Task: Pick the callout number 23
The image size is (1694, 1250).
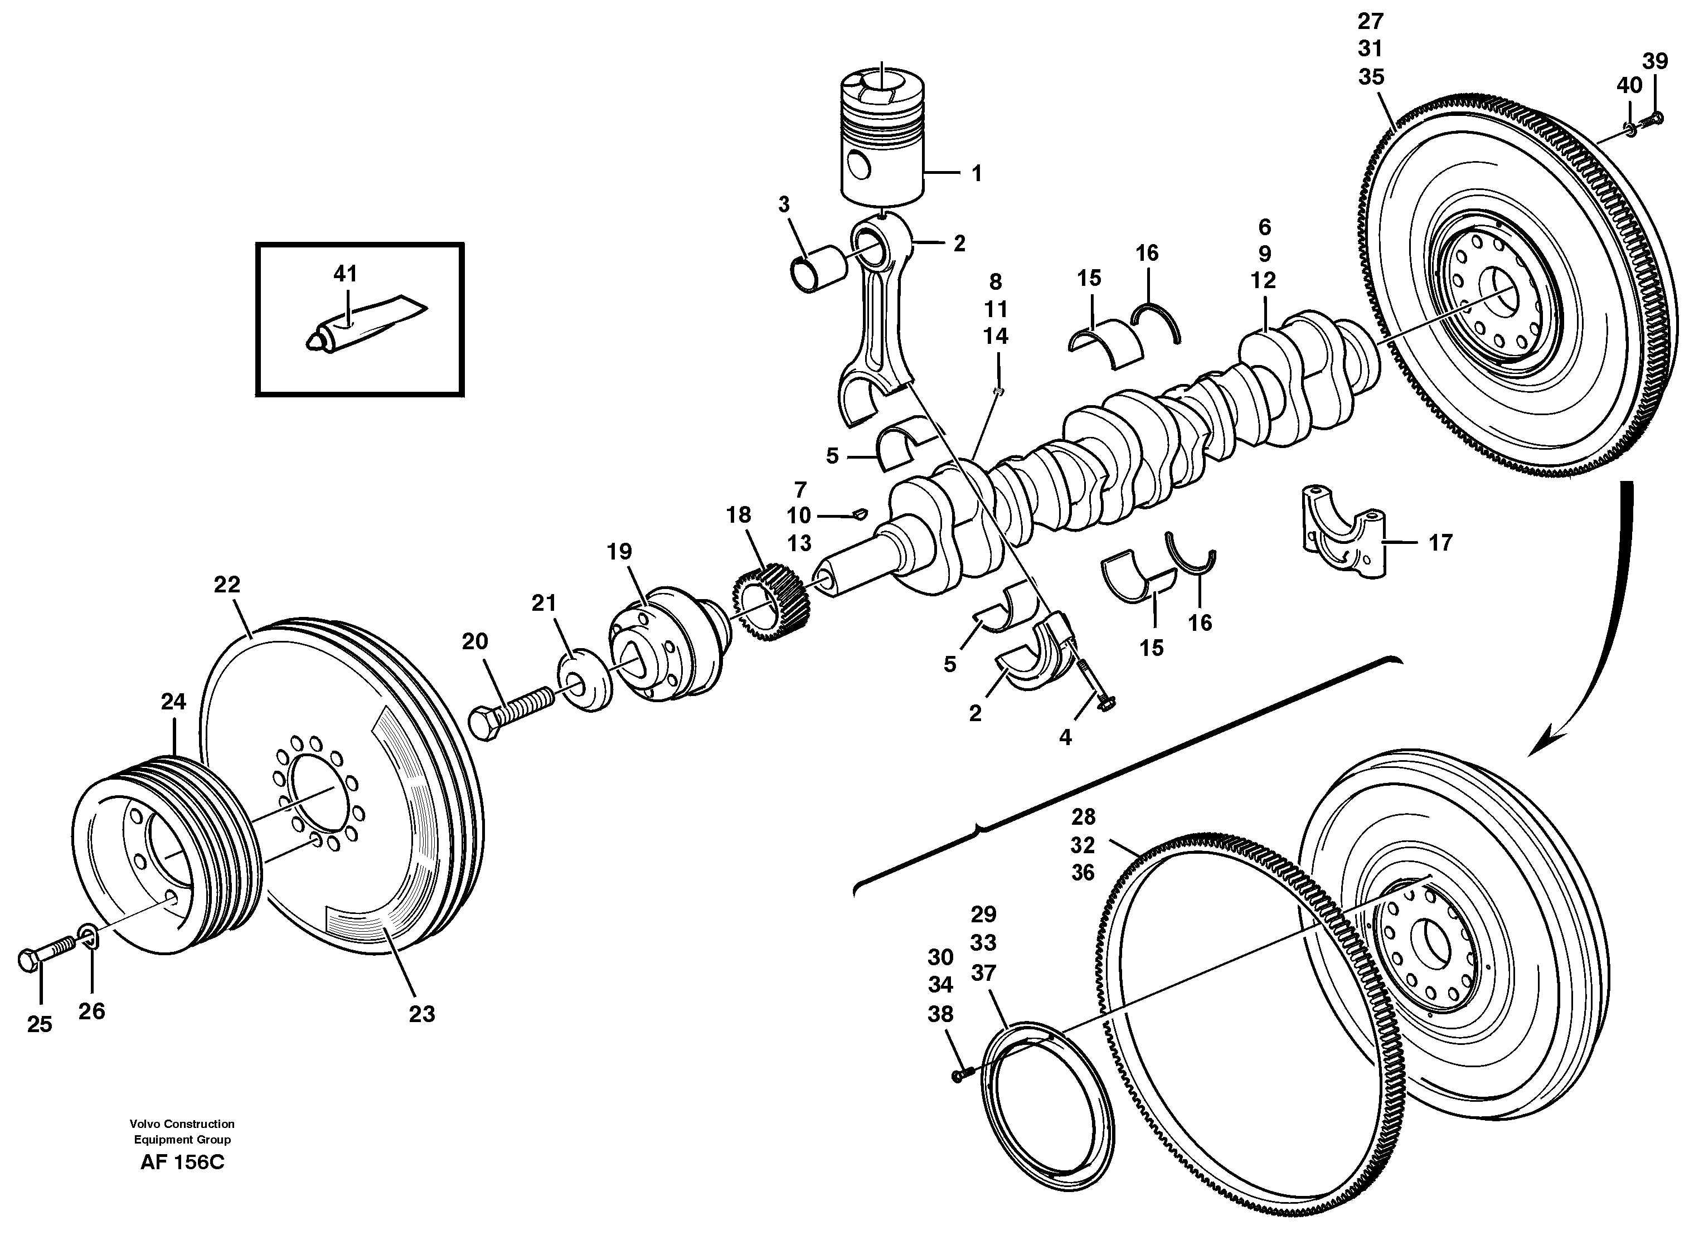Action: (x=421, y=1014)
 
